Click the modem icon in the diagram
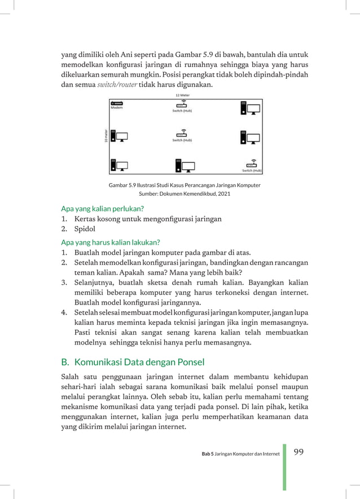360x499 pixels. pyautogui.click(x=117, y=103)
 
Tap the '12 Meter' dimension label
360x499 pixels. pyautogui.click(x=182, y=96)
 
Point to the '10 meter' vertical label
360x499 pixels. pyautogui.click(x=106, y=136)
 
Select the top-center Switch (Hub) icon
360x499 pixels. pyautogui.click(x=181, y=104)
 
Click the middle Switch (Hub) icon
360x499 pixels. pyautogui.click(x=181, y=134)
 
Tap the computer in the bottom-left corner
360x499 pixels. pyautogui.click(x=118, y=165)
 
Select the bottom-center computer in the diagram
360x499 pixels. pyautogui.click(x=185, y=165)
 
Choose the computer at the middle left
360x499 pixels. pyautogui.click(x=118, y=136)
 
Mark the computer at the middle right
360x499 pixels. pyautogui.click(x=250, y=136)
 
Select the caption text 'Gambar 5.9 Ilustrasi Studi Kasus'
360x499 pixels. pyautogui.click(x=155, y=184)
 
